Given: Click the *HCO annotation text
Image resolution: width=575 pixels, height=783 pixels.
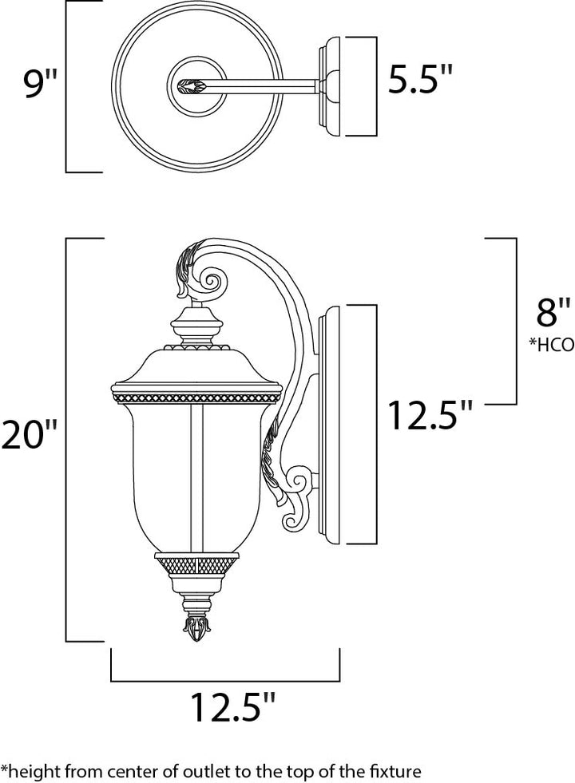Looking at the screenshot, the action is coord(552,344).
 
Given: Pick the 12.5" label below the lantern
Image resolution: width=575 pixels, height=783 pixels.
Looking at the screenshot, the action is coord(233,706).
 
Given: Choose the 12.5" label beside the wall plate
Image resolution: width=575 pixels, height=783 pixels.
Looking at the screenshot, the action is coord(430,415).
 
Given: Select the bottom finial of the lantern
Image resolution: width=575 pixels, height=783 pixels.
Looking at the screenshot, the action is coord(196,627).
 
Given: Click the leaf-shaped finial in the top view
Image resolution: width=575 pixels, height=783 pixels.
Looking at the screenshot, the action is coord(192,86).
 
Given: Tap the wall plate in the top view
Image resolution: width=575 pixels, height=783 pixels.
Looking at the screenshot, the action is coord(329,86).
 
